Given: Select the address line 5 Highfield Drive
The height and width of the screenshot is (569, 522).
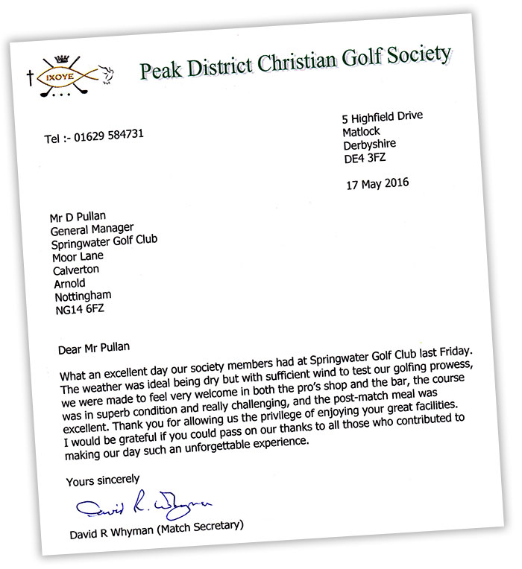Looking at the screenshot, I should click(x=381, y=118).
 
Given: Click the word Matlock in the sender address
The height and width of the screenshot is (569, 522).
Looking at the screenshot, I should click(x=362, y=132).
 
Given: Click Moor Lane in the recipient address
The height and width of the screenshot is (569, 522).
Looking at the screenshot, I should click(x=78, y=257).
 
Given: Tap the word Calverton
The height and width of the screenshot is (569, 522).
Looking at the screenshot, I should click(x=76, y=270).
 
